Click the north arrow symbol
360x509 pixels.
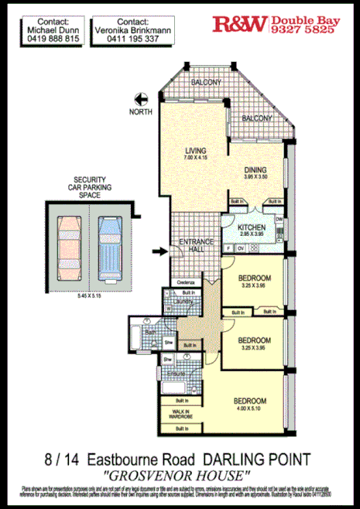141,98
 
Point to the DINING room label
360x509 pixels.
255,170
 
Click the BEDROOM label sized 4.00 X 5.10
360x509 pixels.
250,401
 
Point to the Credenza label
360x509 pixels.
184,283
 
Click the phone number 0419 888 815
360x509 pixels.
48,38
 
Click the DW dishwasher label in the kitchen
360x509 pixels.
278,220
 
